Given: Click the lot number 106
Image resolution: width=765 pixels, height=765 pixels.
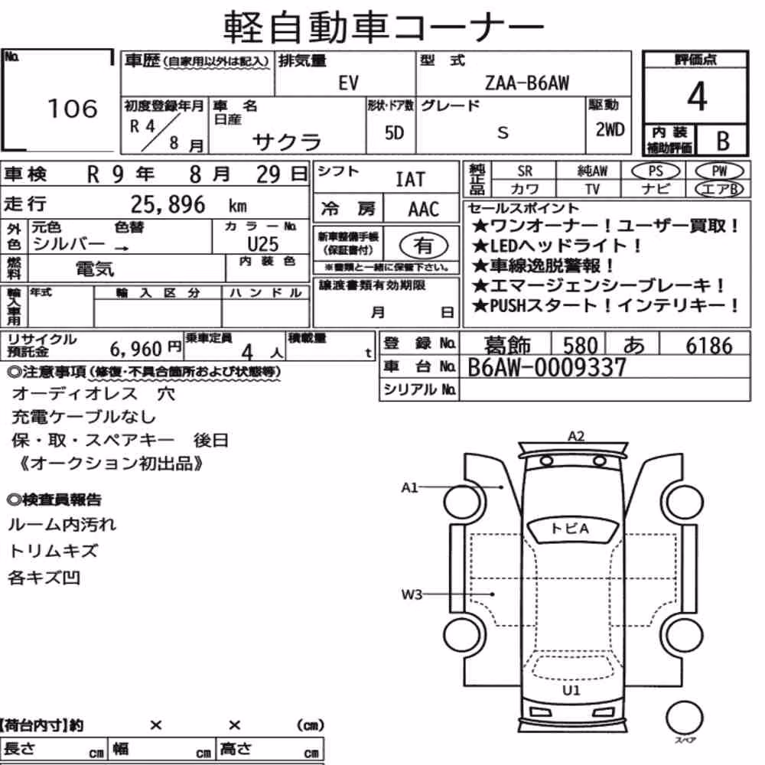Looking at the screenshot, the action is pyautogui.click(x=73, y=109).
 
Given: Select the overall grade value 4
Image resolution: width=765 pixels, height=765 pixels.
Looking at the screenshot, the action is pyautogui.click(x=697, y=96).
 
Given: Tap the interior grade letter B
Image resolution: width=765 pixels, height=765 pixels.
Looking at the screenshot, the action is pyautogui.click(x=723, y=141).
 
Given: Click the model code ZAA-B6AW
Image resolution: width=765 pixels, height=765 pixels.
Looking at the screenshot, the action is pyautogui.click(x=527, y=83).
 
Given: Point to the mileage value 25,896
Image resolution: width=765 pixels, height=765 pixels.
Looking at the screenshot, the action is pyautogui.click(x=168, y=204).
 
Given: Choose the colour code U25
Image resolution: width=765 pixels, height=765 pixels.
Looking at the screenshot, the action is pyautogui.click(x=262, y=243).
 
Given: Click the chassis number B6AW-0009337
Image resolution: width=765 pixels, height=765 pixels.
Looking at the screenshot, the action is pyautogui.click(x=546, y=367).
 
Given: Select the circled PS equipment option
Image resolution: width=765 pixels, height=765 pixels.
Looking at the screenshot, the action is pyautogui.click(x=656, y=171).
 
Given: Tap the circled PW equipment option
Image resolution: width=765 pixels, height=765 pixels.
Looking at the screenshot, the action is pyautogui.click(x=719, y=171).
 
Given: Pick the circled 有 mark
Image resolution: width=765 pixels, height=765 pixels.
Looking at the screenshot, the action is pyautogui.click(x=424, y=246).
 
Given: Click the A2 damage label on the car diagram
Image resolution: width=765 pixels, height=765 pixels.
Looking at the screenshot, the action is pyautogui.click(x=576, y=436).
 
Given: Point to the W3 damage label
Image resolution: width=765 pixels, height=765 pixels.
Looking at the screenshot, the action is pyautogui.click(x=412, y=594).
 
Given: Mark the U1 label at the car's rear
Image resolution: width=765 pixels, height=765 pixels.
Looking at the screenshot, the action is pyautogui.click(x=571, y=690).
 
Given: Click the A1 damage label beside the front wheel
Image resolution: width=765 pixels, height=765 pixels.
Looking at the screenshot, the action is pyautogui.click(x=409, y=487).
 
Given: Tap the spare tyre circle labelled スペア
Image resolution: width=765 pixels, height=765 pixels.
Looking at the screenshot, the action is pyautogui.click(x=685, y=718).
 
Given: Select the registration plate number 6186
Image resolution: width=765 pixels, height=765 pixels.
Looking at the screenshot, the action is pyautogui.click(x=709, y=346).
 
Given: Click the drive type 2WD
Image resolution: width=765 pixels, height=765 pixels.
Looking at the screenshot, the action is pyautogui.click(x=610, y=130).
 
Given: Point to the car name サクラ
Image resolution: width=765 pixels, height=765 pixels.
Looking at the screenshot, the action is pyautogui.click(x=287, y=142).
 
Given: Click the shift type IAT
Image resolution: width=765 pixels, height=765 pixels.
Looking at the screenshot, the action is pyautogui.click(x=410, y=180).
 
